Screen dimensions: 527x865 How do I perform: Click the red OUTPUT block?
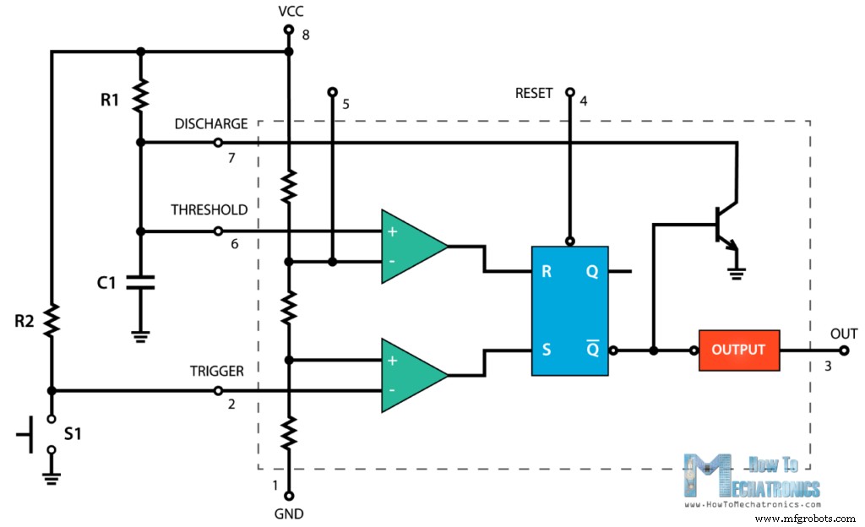tap(738, 350)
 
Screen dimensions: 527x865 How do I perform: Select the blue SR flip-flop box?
tap(569, 311)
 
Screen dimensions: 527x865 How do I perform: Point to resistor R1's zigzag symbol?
tap(140, 95)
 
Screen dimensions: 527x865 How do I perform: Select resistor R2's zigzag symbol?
tap(51, 321)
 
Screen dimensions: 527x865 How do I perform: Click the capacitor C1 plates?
tap(140, 282)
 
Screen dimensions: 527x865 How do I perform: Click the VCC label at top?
tap(289, 12)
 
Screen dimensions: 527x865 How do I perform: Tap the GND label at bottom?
tap(289, 513)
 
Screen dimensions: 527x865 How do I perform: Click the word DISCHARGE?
tap(211, 124)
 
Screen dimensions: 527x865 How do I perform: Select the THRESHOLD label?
tap(209, 209)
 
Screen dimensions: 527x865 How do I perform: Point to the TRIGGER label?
tap(216, 371)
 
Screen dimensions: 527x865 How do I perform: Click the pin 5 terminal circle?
tap(332, 92)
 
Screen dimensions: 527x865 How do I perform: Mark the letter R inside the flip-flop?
tap(547, 272)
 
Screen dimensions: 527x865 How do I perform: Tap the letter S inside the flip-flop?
tap(547, 350)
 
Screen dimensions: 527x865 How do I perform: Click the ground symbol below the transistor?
tap(737, 271)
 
